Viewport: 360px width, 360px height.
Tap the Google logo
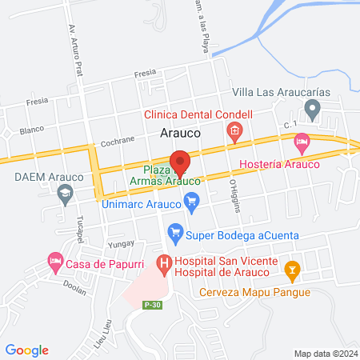(26, 350)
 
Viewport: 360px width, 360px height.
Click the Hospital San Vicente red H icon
(164, 262)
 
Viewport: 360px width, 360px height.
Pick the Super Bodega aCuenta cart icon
(174, 234)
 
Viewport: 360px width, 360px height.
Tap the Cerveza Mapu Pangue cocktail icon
(293, 270)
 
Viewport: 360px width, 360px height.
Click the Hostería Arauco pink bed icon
(302, 144)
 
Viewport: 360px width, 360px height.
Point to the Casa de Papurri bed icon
(54, 261)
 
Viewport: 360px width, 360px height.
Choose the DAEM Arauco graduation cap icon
(65, 192)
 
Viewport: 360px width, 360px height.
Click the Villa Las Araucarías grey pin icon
(313, 109)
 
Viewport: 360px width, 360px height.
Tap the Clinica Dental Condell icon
(234, 131)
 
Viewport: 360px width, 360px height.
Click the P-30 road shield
(153, 304)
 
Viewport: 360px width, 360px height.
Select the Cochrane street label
(118, 140)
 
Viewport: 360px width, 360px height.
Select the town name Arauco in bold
(180, 134)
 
